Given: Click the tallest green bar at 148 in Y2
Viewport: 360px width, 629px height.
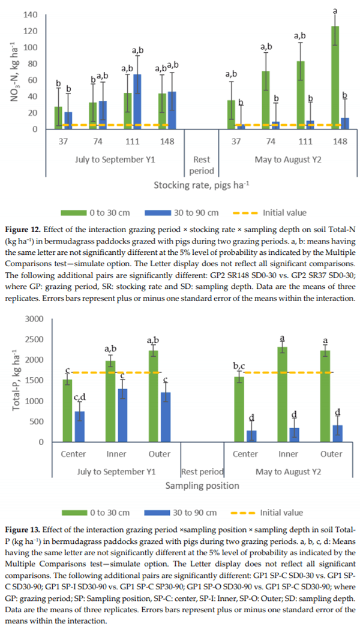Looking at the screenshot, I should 335,78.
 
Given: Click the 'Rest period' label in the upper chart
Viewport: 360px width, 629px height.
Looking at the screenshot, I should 202,164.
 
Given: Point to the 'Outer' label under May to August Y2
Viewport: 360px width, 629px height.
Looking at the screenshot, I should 331,454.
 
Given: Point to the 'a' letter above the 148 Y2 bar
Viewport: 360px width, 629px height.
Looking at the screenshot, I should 335,10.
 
